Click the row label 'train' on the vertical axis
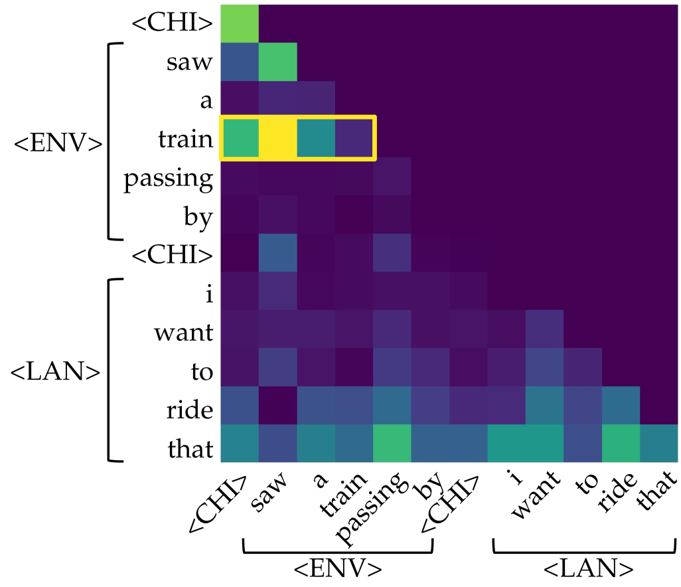[186, 140]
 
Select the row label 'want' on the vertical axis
[185, 332]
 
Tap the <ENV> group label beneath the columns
[339, 568]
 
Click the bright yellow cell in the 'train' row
[277, 138]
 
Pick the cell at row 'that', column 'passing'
[392, 443]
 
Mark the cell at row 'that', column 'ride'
[621, 443]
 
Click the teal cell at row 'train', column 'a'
[316, 138]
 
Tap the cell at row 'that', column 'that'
[658, 443]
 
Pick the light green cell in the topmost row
[239, 23]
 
